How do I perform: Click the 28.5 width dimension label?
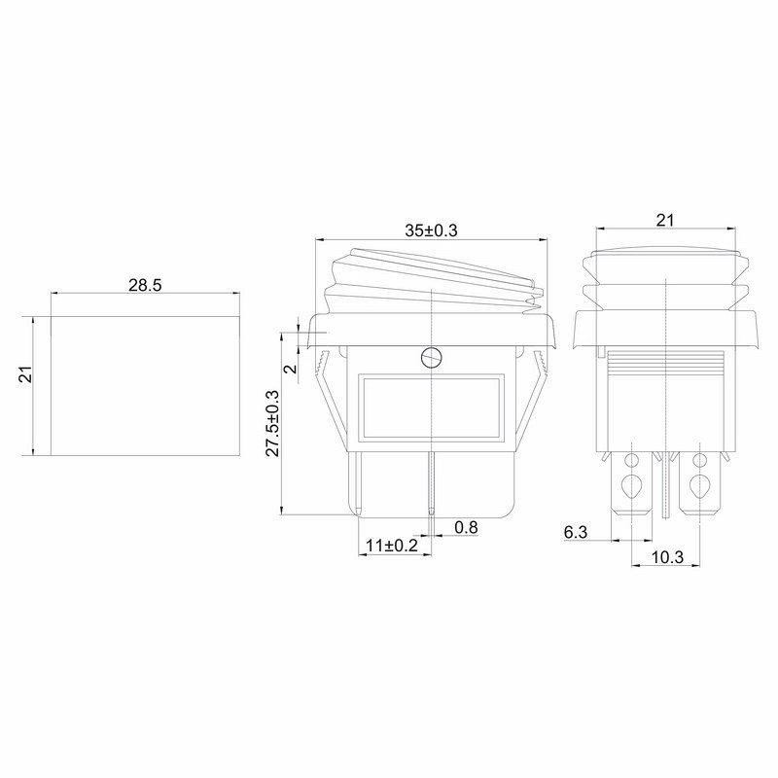click(x=145, y=285)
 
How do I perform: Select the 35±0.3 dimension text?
click(x=431, y=230)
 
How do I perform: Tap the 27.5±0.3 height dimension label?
click(x=272, y=423)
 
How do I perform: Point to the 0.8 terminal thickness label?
click(x=466, y=527)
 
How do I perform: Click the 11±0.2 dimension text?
click(x=392, y=546)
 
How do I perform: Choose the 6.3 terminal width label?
click(x=576, y=532)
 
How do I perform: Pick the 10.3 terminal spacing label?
click(x=667, y=557)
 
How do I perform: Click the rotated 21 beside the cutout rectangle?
click(x=25, y=374)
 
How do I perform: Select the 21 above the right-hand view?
click(x=665, y=221)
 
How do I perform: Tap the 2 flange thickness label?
click(x=291, y=369)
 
